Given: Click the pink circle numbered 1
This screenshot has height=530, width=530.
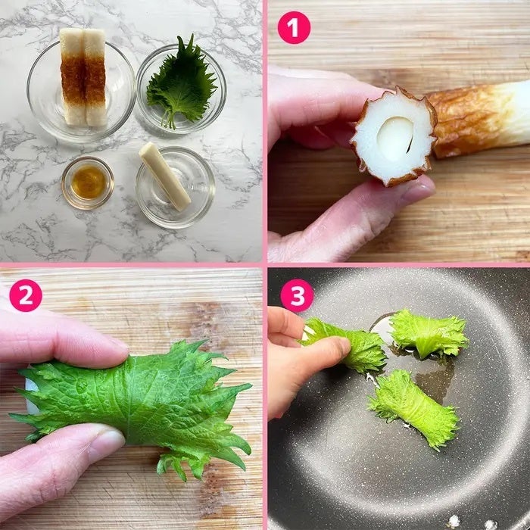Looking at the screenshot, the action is coord(294,28).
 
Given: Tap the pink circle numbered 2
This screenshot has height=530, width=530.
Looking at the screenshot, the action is coord(26,295).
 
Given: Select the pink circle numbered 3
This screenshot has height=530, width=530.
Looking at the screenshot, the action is coord(297,295).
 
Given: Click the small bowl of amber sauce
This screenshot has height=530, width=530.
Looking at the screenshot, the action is coord(88,183).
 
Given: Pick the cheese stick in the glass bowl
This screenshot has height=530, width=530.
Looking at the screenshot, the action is coord(164,176).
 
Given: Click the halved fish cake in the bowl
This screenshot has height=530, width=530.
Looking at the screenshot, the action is coord(83,77).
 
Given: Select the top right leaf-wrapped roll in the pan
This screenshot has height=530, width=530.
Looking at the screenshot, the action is coord(429,334).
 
